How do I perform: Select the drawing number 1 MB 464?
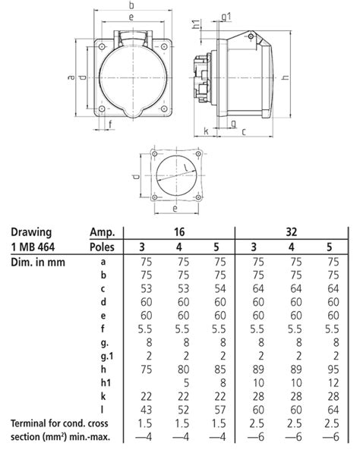point(37,247)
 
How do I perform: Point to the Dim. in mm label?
point(38,262)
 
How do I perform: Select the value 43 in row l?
point(141,409)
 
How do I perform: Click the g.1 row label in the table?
point(103,356)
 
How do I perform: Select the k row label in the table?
point(103,395)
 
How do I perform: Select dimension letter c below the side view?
point(242,131)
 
